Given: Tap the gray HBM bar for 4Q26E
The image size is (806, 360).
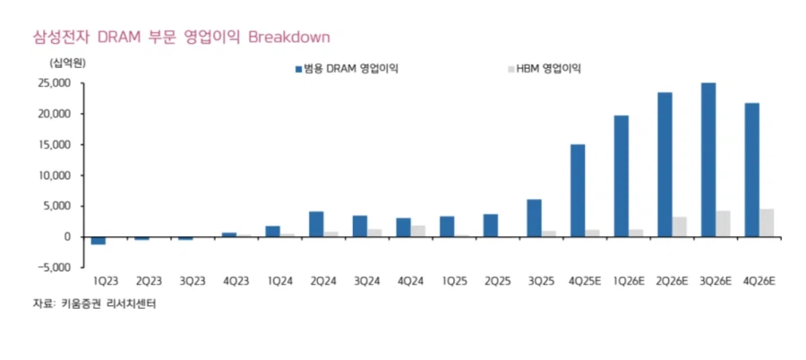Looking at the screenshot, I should [767, 223].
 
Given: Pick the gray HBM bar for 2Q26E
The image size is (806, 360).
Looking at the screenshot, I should [680, 227].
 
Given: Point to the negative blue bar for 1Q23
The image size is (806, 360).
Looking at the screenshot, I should [99, 240].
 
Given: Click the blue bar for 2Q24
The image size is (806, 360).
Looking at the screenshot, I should [316, 224].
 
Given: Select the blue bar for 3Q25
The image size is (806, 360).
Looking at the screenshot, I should [534, 218].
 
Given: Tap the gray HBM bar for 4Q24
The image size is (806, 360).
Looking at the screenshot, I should [418, 231].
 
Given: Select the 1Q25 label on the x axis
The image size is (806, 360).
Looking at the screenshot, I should [454, 281].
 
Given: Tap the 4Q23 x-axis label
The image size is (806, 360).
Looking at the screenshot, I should [236, 281].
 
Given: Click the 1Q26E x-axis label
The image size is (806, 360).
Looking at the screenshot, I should [628, 281].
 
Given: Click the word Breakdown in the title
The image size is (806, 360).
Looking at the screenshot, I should [289, 37].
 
